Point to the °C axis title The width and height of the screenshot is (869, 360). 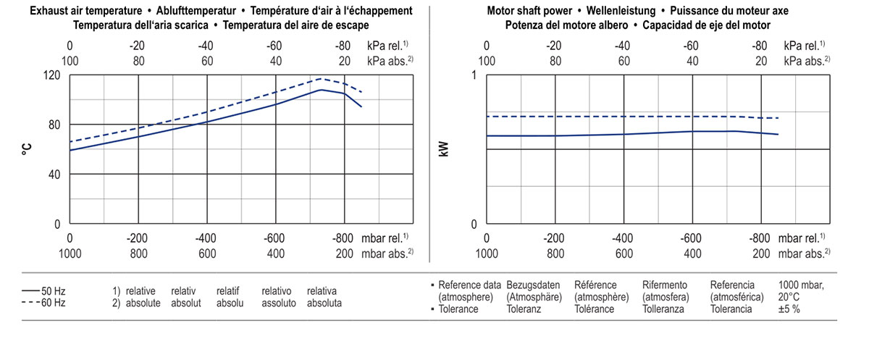click(27, 149)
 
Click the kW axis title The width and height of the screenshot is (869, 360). click(444, 149)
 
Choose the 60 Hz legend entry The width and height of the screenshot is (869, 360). click(44, 303)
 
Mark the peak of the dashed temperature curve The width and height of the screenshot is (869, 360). click(322, 78)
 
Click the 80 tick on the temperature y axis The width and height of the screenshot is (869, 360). click(54, 125)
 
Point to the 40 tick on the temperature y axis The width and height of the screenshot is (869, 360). click(54, 175)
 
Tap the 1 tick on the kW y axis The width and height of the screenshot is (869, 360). click(474, 75)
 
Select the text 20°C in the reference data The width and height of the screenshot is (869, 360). click(789, 296)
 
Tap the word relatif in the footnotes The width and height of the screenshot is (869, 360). click(228, 291)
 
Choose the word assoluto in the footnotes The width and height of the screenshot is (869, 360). click(279, 303)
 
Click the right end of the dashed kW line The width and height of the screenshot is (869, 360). click(778, 118)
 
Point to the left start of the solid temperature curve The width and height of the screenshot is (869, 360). click(70, 150)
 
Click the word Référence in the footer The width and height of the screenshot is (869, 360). click(597, 285)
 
